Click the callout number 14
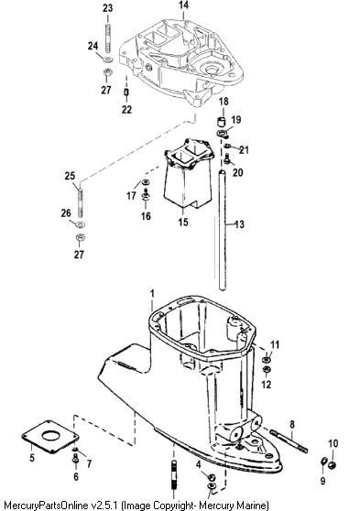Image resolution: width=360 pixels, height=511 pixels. tap(183, 5)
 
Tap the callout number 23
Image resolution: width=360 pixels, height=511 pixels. tap(107, 8)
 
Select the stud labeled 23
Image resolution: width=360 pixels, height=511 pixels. tap(108, 38)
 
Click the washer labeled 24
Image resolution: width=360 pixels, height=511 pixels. tap(107, 60)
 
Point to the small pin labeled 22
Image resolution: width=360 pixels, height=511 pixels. tap(126, 92)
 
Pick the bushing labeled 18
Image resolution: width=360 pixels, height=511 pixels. tap(222, 122)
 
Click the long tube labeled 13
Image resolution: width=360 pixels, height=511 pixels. tap(222, 230)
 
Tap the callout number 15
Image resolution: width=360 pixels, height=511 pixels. tap(183, 222)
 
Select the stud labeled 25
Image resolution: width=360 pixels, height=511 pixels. tap(80, 203)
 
